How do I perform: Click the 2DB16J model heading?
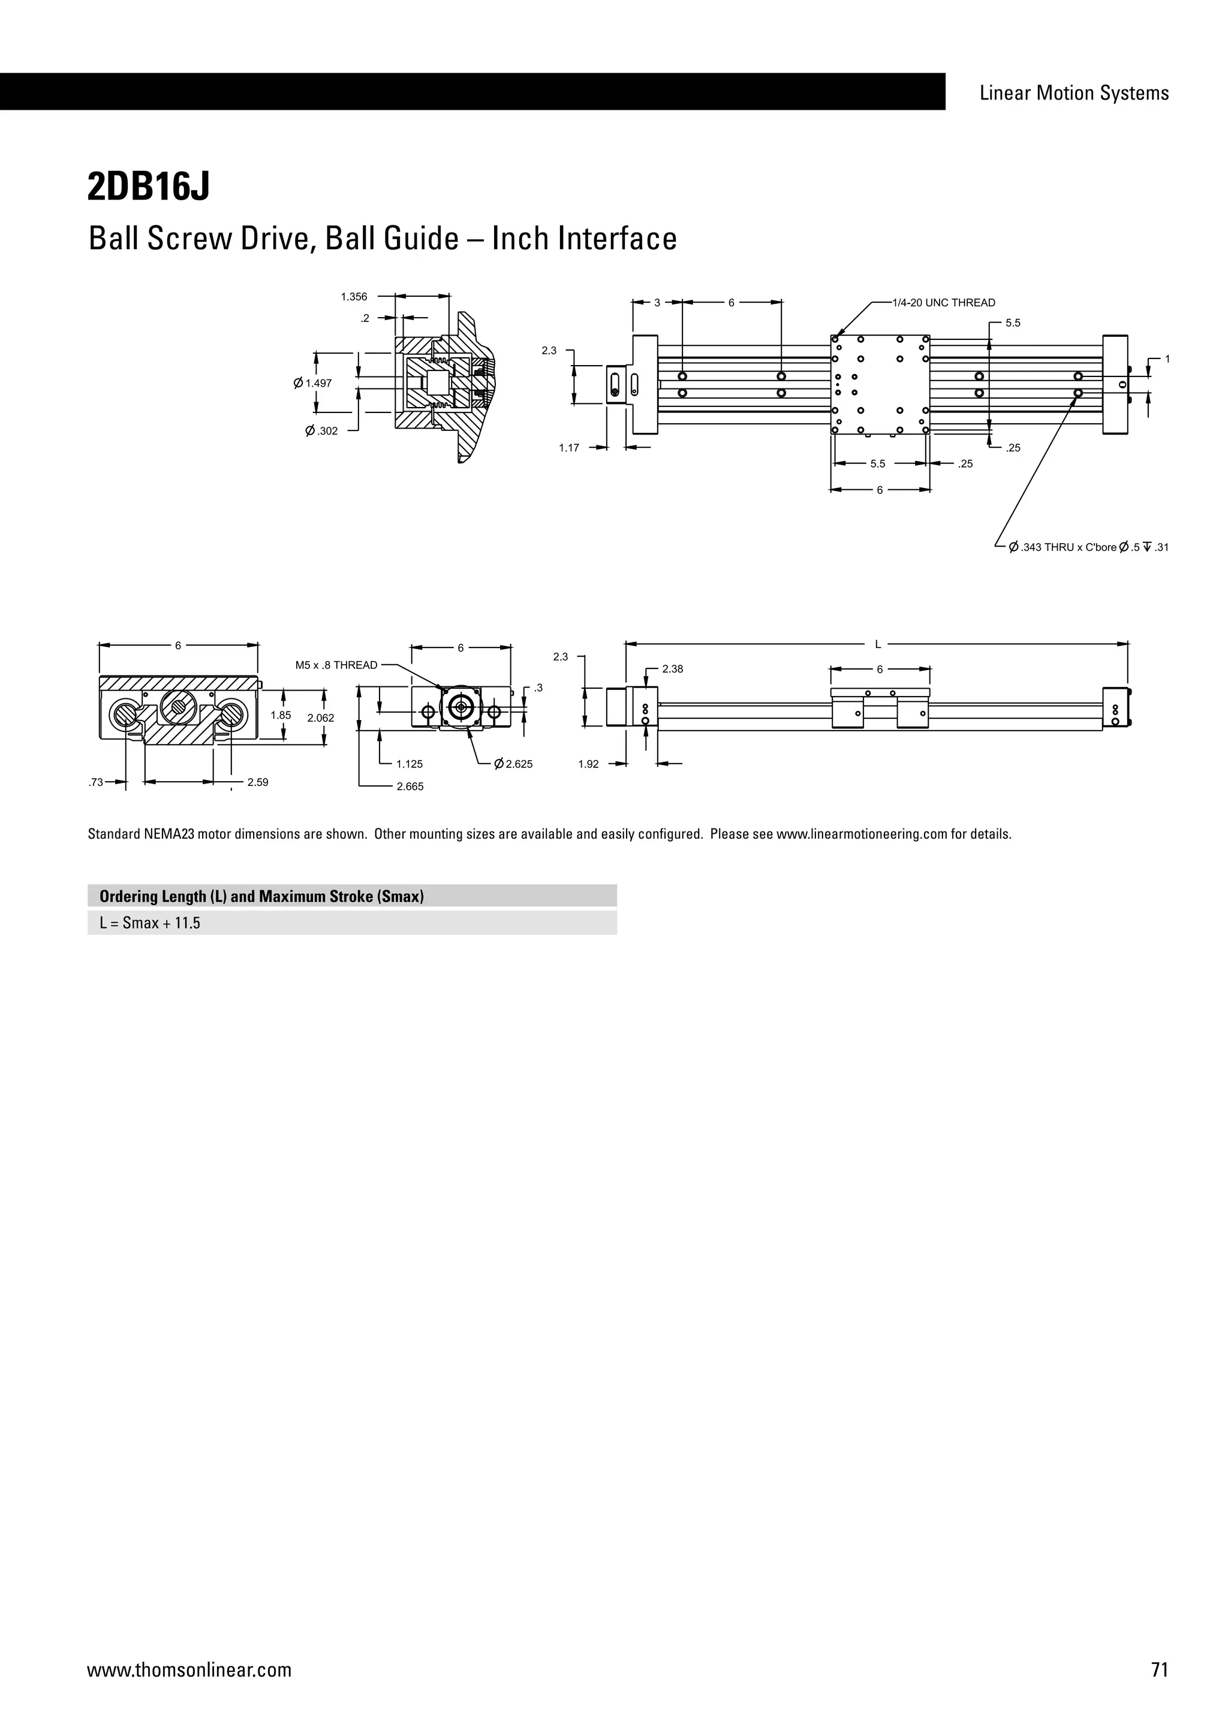click(x=148, y=187)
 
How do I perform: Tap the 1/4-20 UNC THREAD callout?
click(x=944, y=303)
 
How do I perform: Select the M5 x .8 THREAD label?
click(x=336, y=665)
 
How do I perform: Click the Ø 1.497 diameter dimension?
click(x=313, y=383)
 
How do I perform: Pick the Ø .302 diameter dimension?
click(x=321, y=431)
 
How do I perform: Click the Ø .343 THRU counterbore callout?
click(x=1088, y=547)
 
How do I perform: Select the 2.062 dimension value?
click(x=321, y=718)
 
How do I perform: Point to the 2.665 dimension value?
click(x=410, y=787)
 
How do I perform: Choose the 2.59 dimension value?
click(x=258, y=782)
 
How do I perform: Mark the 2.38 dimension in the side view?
click(x=672, y=669)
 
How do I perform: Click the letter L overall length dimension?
click(x=878, y=645)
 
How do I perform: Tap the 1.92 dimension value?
click(x=588, y=764)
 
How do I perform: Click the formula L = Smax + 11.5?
click(x=150, y=923)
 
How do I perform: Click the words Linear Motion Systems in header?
click(x=1074, y=93)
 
